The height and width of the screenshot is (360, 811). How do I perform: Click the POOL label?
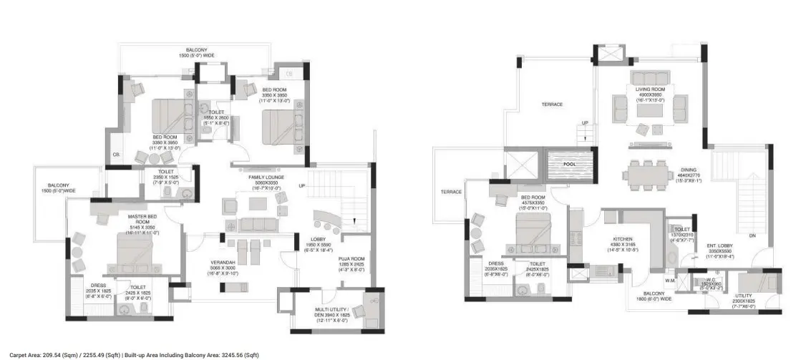coord(569,163)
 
